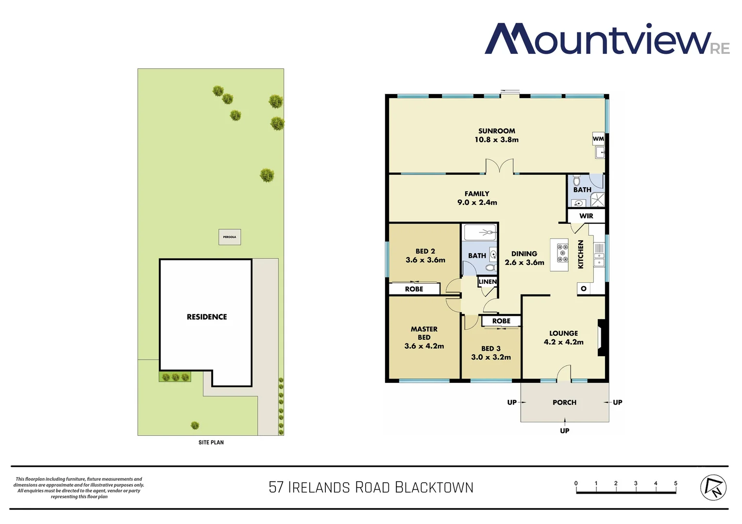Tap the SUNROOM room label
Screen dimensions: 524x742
[496, 131]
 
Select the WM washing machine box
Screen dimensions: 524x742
[598, 139]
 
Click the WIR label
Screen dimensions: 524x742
[586, 216]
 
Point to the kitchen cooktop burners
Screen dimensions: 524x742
[562, 253]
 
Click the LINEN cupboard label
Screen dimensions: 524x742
[488, 281]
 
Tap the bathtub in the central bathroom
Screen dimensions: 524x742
[480, 232]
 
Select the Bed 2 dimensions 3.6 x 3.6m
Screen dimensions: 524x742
[425, 260]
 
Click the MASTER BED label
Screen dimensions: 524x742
[424, 333]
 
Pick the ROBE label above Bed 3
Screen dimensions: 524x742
[501, 321]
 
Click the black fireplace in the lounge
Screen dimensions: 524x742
[601, 338]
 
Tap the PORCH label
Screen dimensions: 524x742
[564, 402]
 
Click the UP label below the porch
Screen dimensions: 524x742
[564, 430]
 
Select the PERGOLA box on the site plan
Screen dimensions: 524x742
[230, 237]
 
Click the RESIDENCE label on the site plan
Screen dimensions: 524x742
[207, 317]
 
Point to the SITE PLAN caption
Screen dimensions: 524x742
[211, 442]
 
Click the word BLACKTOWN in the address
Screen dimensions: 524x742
[434, 487]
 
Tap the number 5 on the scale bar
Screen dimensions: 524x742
[675, 483]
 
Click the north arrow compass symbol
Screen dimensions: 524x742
[713, 487]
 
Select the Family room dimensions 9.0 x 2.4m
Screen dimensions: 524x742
[477, 202]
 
